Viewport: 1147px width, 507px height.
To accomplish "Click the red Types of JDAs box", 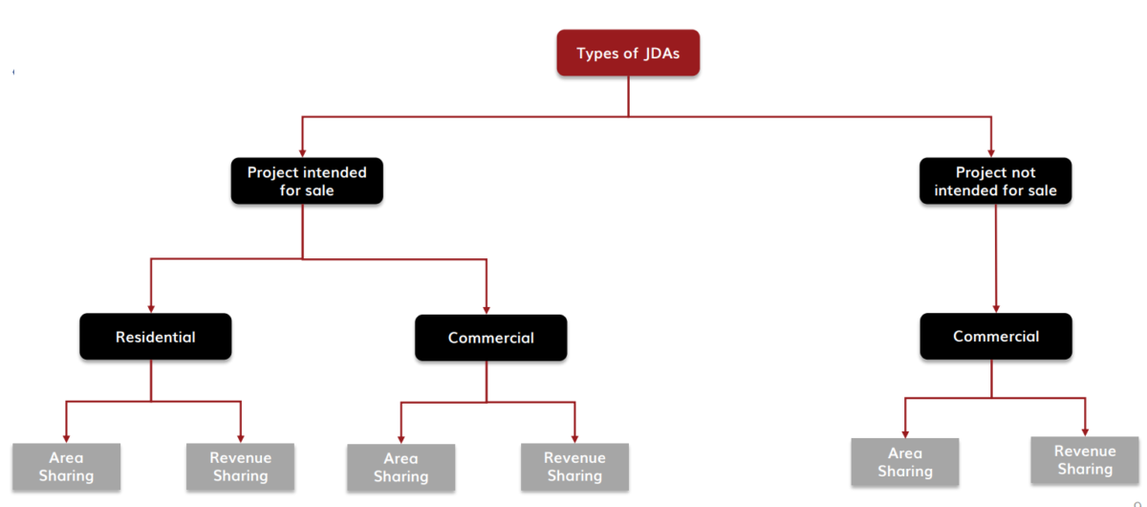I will click(628, 53).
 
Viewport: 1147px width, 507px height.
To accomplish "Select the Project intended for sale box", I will click(307, 181).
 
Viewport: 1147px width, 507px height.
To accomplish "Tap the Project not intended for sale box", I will click(995, 181).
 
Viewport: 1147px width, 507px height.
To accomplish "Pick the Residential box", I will click(155, 337).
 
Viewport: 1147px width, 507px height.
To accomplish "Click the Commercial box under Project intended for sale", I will click(490, 338).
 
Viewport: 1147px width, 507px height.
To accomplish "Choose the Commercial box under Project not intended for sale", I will click(995, 336).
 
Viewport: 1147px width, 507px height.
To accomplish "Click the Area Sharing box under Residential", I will click(66, 467).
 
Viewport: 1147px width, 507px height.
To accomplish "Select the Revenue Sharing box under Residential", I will click(240, 467).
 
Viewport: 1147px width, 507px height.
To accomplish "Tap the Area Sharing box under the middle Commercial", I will click(400, 468).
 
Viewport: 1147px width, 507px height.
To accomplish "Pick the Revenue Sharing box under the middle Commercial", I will click(574, 467).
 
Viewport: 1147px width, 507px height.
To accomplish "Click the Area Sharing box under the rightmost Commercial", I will click(904, 462).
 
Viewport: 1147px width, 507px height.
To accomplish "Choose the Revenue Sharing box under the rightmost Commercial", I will click(1084, 460).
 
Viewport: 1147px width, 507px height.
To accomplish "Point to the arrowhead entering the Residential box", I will click(151, 307).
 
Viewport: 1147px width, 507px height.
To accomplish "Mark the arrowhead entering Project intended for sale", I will click(303, 151).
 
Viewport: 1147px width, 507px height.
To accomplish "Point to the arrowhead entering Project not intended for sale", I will click(991, 151).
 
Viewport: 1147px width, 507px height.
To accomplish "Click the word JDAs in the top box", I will click(661, 53).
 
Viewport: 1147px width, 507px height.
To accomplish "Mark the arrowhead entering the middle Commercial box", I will click(487, 308).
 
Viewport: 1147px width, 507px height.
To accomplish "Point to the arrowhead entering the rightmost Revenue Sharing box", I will click(1085, 430).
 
